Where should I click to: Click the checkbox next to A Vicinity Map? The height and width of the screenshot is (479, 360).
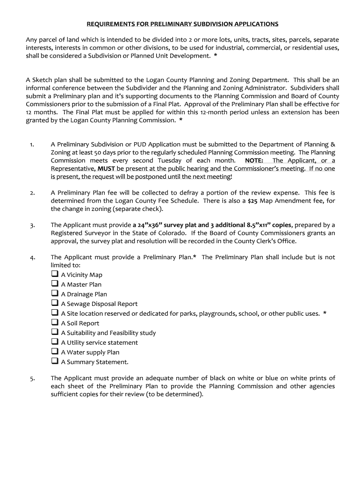(54, 274)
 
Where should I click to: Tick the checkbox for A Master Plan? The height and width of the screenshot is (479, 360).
(54, 284)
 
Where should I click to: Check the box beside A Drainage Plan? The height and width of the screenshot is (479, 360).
(54, 294)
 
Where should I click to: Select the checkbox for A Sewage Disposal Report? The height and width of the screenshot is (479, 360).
(54, 303)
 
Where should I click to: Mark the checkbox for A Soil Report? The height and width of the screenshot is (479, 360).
(54, 323)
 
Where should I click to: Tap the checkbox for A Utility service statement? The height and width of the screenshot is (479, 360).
(54, 342)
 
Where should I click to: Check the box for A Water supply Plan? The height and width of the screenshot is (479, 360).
(54, 352)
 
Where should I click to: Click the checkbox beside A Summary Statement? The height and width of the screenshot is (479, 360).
(54, 361)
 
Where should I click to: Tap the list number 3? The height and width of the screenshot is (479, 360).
(31, 225)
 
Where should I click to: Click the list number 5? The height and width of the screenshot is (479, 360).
(31, 378)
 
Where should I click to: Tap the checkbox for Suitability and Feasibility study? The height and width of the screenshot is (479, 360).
(54, 332)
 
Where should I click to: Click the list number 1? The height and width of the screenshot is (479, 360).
(31, 145)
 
